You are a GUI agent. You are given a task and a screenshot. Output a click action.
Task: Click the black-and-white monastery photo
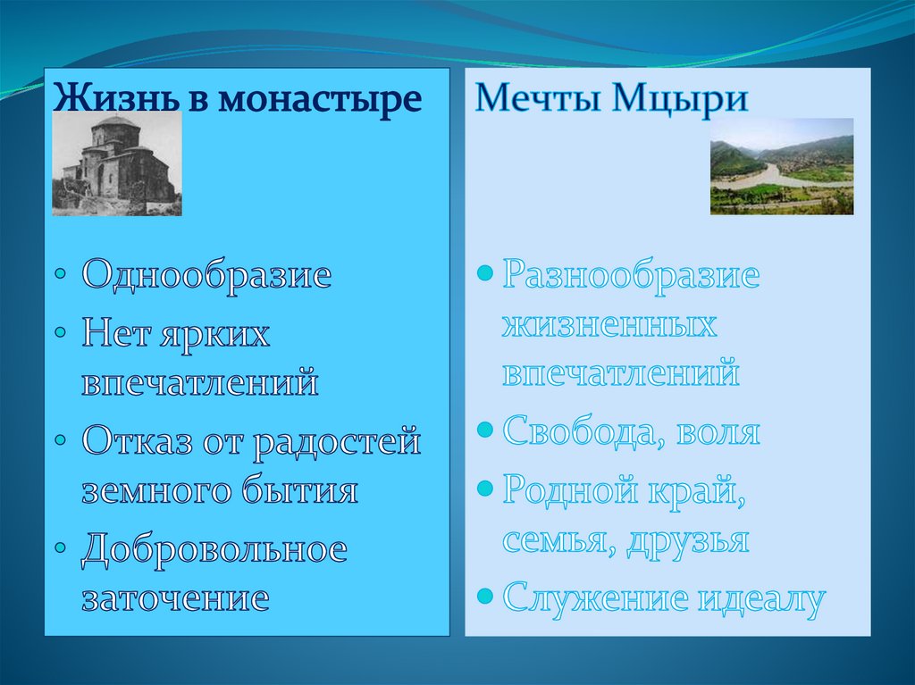point(117,164)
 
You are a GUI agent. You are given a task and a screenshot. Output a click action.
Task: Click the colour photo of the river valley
point(781,166)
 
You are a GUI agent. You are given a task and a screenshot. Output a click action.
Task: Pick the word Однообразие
point(206,274)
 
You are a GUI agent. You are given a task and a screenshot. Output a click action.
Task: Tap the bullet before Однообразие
point(61,273)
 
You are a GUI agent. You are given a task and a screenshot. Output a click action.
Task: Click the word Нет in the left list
point(114,333)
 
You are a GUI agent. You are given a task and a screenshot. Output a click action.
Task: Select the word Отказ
point(137,440)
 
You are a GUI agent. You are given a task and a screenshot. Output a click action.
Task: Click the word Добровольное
point(214,549)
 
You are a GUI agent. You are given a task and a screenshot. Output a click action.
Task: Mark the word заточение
point(175,598)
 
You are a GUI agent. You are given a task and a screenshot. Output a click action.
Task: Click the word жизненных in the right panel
point(609,324)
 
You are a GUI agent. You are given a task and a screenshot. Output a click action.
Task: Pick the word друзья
point(688,541)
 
